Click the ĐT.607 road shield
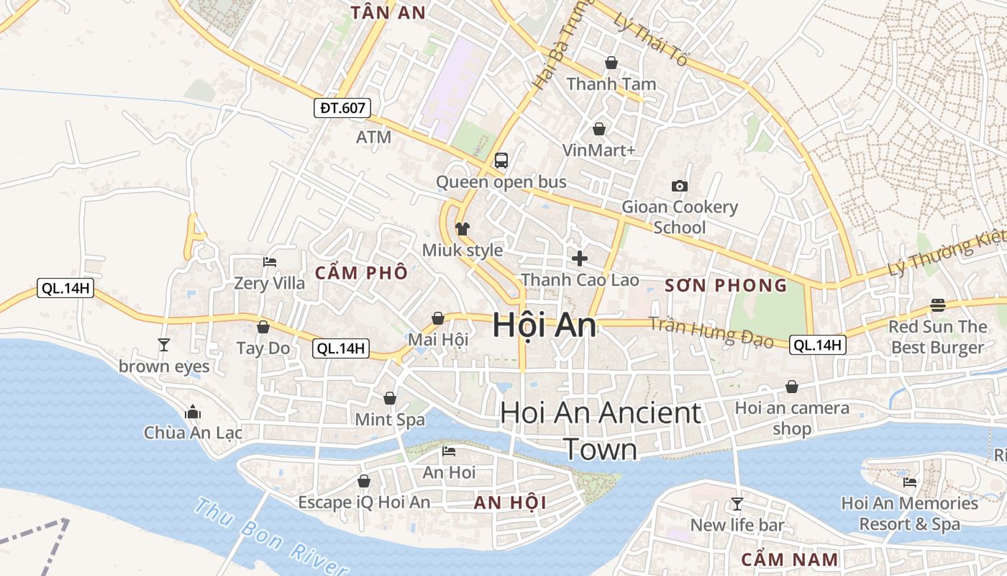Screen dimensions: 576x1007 342,109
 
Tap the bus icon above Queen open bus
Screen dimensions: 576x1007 501,161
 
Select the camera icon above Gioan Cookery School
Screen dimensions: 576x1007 679,186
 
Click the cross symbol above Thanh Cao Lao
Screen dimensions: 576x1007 580,258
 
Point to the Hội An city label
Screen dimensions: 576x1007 544,325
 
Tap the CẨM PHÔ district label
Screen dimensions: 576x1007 361,273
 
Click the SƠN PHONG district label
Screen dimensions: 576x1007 726,285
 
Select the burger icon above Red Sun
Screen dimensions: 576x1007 937,305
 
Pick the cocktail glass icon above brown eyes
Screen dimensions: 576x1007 164,345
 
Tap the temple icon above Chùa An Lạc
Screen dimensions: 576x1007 193,413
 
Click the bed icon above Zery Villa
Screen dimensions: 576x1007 270,262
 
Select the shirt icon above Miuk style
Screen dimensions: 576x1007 463,229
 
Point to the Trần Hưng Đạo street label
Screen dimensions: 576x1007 711,332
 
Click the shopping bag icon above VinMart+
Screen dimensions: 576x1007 599,129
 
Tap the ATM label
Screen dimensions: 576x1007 374,137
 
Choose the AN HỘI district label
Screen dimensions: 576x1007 510,503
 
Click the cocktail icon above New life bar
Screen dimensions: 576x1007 737,503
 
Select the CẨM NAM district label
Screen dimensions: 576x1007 789,559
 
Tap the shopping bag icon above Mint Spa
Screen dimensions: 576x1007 390,398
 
